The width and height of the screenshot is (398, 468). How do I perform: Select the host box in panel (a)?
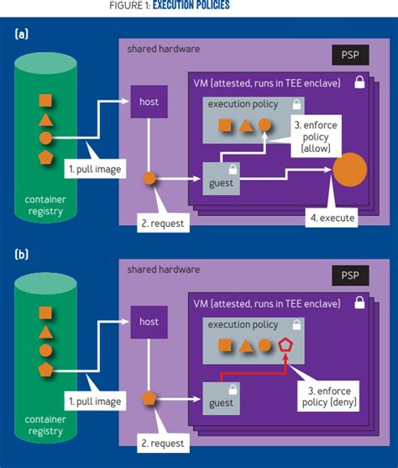149,102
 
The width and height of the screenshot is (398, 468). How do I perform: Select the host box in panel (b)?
149,321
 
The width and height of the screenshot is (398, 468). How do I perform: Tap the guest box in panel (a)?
221,179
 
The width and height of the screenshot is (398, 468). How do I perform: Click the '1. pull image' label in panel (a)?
95,168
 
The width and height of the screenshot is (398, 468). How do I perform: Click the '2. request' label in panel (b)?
162,443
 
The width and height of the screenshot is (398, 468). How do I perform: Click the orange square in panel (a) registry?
46,101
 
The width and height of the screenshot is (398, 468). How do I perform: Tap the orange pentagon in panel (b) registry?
46,371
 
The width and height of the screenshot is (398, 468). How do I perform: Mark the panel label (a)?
23,34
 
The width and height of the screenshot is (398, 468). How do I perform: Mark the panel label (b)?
23,253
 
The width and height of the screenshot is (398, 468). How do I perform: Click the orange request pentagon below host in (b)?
149,397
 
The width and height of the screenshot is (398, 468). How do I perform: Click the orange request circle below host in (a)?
149,178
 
